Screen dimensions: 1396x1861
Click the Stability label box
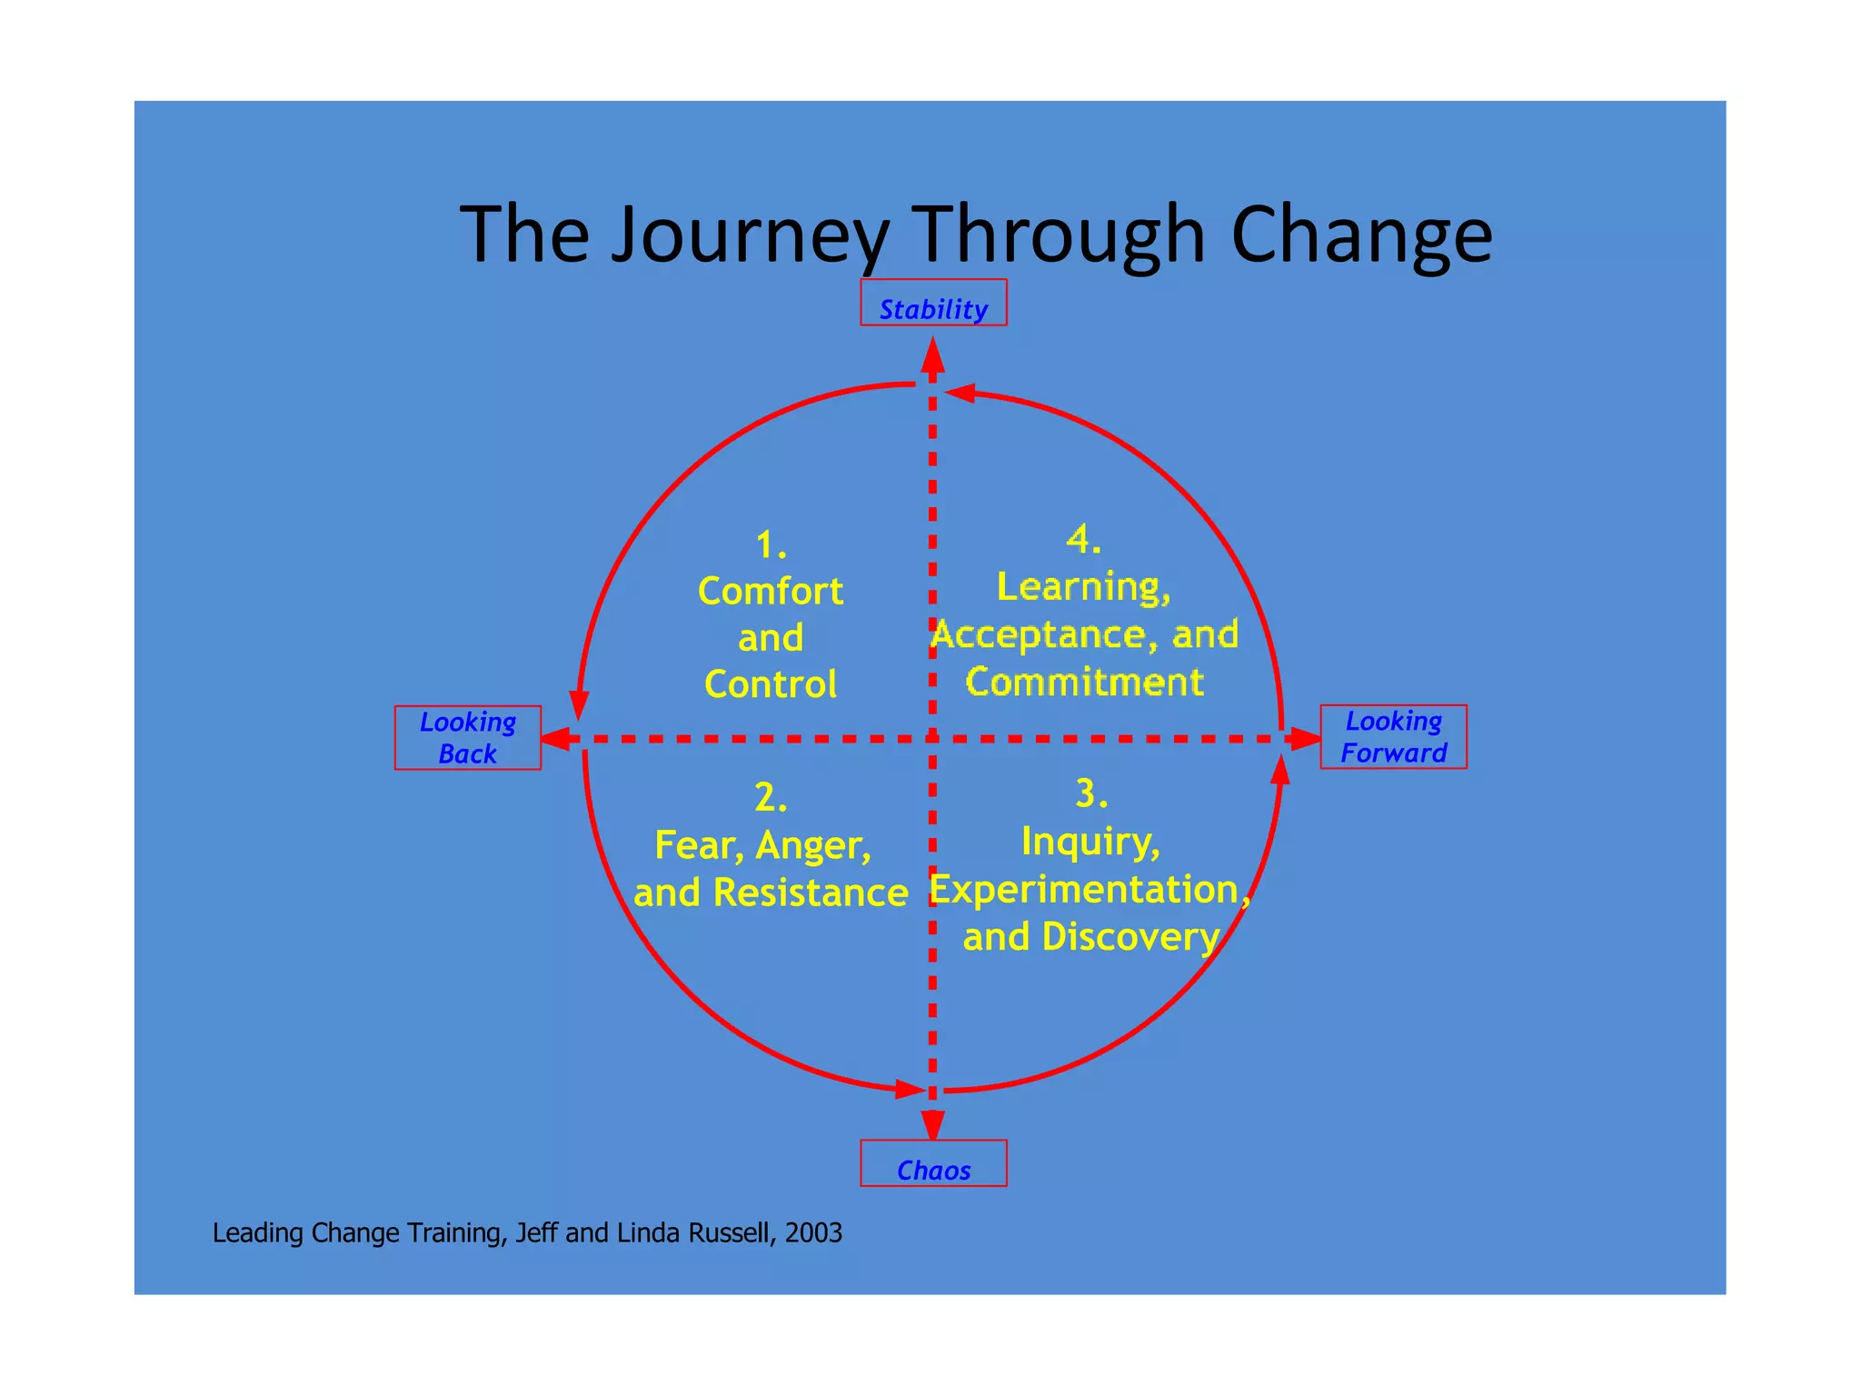tap(933, 303)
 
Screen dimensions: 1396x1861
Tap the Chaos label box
tap(933, 1163)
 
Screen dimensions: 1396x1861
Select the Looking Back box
tap(467, 737)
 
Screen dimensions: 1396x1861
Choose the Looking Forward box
tap(1393, 736)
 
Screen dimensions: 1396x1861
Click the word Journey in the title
tap(750, 234)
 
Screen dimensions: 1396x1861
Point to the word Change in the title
tap(1360, 234)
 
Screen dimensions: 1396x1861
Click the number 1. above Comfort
tap(771, 545)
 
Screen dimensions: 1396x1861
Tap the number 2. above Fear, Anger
tap(771, 798)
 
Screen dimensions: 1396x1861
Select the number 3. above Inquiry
tap(1090, 793)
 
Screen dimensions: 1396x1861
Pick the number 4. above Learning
tap(1083, 539)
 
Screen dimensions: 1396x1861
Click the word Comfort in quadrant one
tap(771, 591)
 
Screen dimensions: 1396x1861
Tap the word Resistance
tap(811, 892)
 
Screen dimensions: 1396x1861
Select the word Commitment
tap(1084, 682)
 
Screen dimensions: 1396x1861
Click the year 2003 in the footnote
tap(813, 1232)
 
